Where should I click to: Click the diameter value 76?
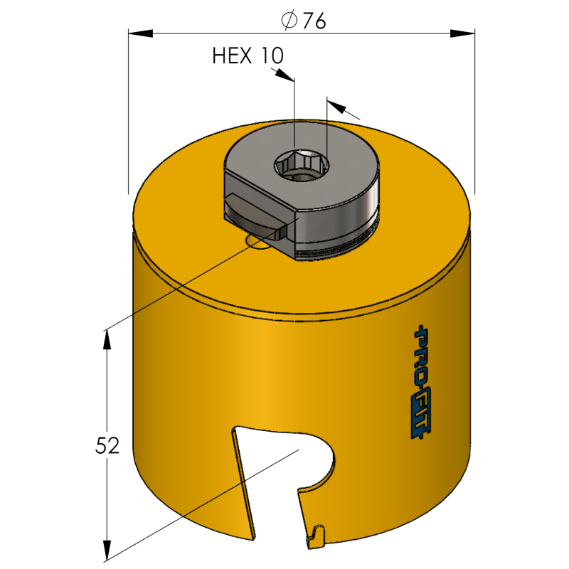click(x=314, y=21)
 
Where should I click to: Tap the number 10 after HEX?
click(x=272, y=56)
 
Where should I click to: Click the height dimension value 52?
click(x=107, y=446)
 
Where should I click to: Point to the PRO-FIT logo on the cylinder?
click(x=422, y=382)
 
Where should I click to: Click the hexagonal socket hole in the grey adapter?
click(x=302, y=166)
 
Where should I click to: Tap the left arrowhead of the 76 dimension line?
click(x=140, y=33)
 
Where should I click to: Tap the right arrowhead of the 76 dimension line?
click(x=462, y=33)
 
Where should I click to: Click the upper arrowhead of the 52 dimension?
click(x=107, y=340)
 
